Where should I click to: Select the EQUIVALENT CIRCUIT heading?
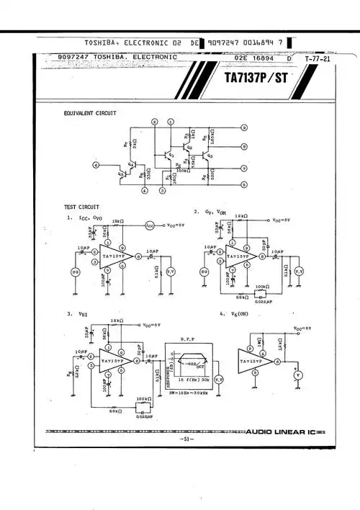[x=91, y=113]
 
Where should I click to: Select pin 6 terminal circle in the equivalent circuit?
[x=96, y=165]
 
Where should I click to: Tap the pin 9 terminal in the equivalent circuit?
[x=244, y=127]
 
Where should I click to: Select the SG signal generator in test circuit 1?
[x=74, y=272]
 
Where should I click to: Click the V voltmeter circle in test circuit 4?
[x=296, y=375]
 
